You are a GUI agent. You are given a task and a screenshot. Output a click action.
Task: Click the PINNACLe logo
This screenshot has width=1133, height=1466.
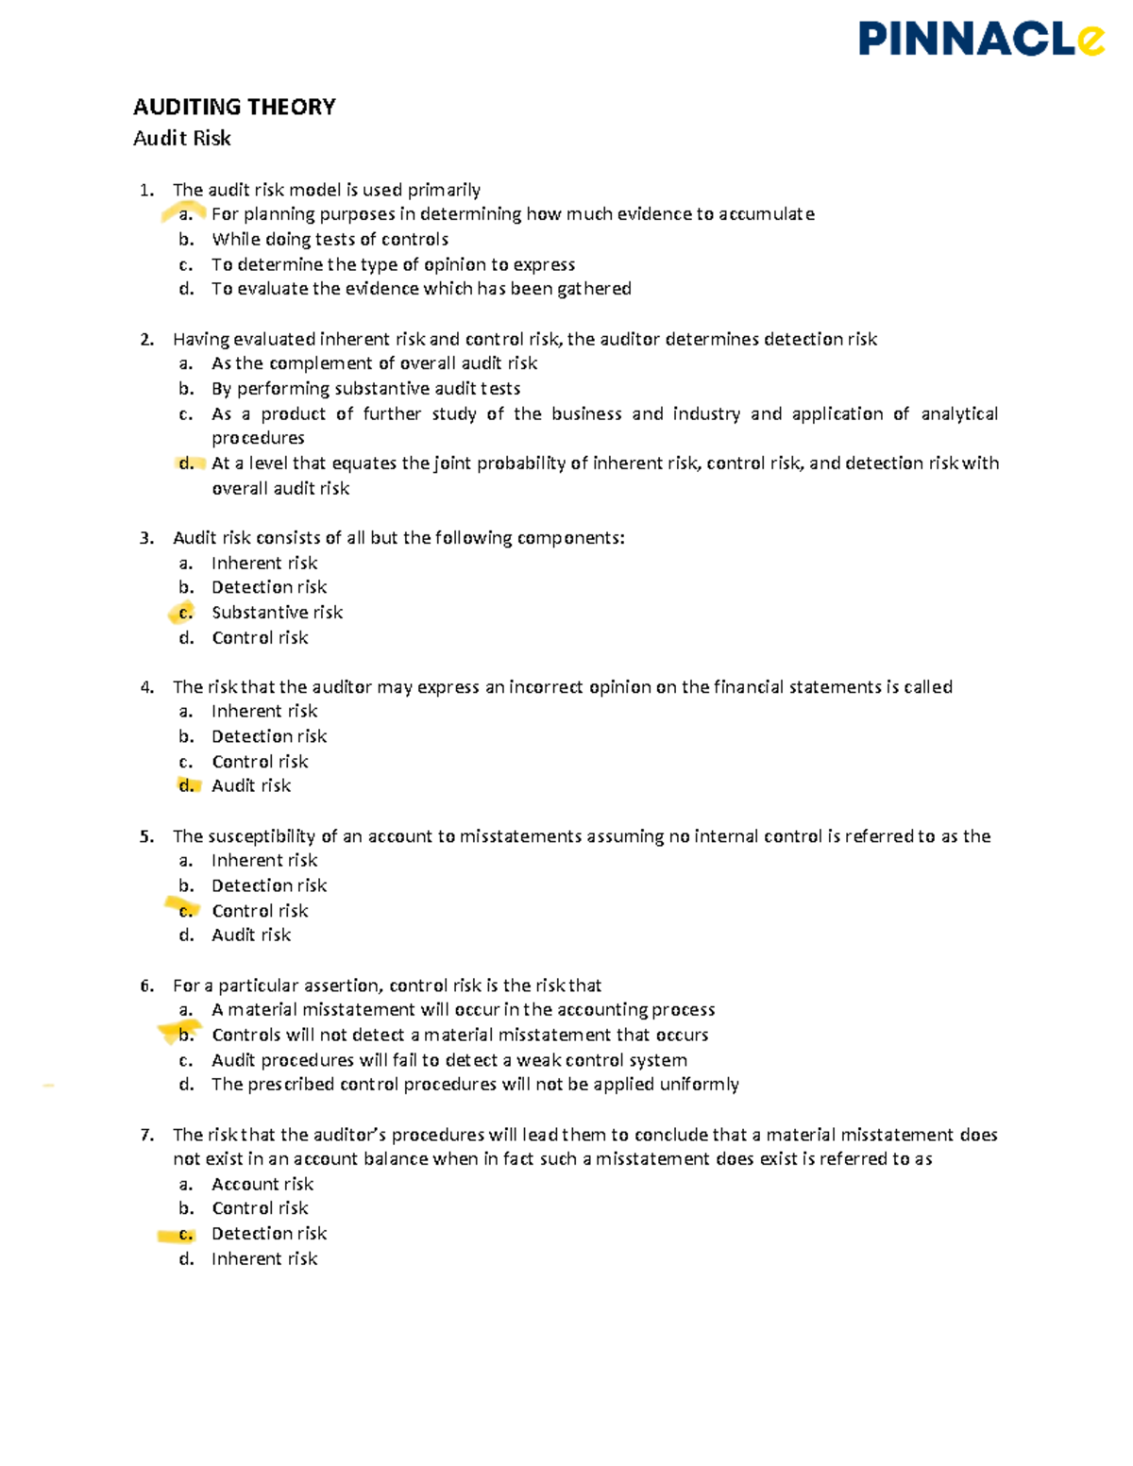[x=980, y=40]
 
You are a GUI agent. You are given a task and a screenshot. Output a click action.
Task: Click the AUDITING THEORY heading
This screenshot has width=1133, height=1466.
[x=234, y=107]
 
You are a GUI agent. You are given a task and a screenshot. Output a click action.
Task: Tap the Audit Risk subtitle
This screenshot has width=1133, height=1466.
[x=182, y=138]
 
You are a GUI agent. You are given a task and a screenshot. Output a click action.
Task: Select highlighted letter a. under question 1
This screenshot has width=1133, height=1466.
[x=186, y=214]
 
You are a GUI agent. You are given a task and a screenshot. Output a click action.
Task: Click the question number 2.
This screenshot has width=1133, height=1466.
[x=146, y=339]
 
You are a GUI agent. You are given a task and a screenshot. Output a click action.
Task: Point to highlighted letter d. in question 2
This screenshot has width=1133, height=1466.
[x=186, y=463]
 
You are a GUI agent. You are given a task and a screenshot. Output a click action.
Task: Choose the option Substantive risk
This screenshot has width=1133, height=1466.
[x=277, y=613]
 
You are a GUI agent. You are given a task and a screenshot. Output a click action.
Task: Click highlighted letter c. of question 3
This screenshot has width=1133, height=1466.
[x=186, y=613]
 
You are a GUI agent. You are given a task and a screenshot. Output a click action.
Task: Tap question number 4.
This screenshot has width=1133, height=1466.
[x=146, y=687]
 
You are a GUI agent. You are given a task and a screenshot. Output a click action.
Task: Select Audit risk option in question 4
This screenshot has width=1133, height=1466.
[x=251, y=785]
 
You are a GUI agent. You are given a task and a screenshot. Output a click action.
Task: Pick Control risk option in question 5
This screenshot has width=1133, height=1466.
[x=260, y=911]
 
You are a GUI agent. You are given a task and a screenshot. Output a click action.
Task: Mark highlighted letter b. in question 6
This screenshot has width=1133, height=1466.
[x=186, y=1035]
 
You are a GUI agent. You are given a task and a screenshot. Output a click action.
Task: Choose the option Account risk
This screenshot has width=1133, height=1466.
[x=262, y=1184]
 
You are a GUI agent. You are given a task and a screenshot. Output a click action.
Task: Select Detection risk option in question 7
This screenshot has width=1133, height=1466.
[x=269, y=1234]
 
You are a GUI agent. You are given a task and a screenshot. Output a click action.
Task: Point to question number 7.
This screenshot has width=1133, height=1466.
[x=146, y=1135]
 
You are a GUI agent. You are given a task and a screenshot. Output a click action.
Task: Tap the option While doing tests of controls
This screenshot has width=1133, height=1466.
[x=330, y=240]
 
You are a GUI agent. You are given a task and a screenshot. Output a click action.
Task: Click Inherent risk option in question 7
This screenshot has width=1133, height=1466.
[x=264, y=1258]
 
